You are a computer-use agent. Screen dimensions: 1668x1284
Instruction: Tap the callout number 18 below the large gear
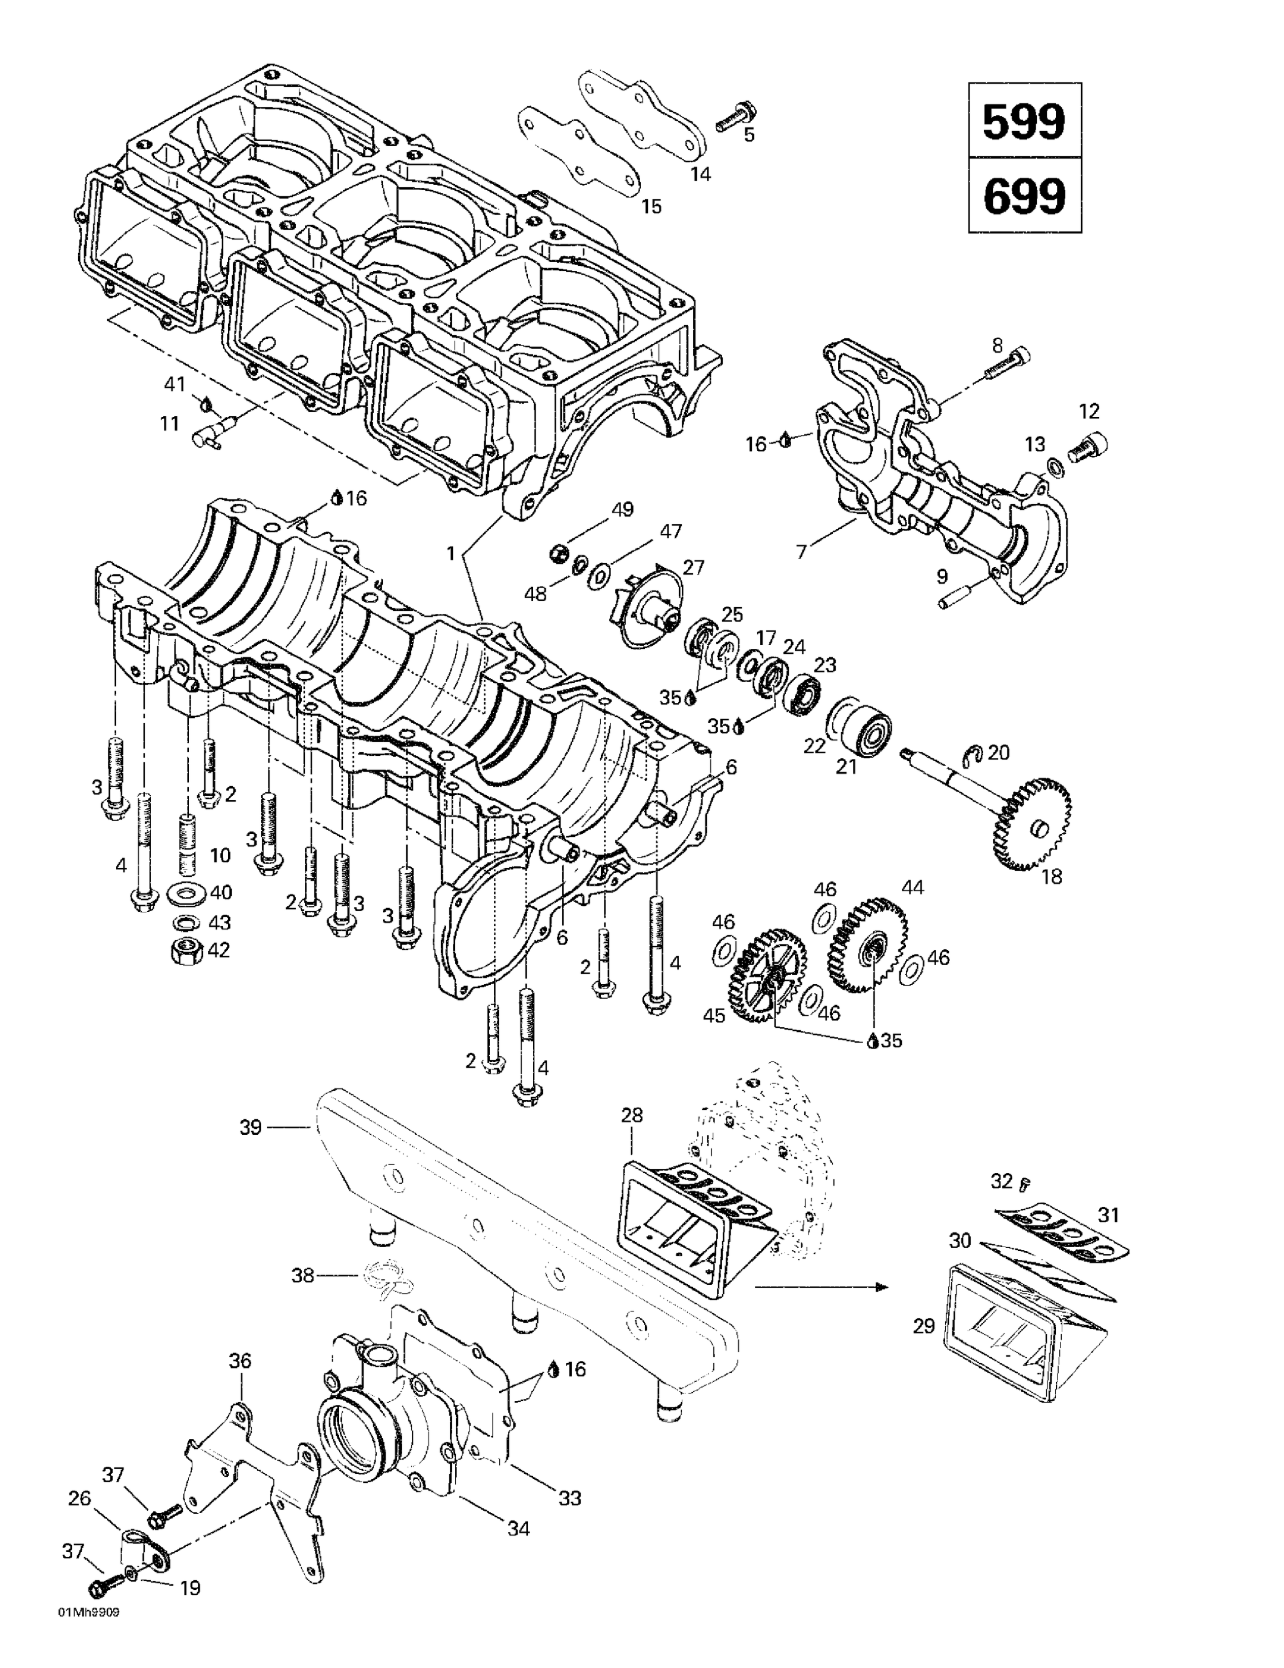[1051, 876]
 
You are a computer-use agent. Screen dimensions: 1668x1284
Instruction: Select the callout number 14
[700, 174]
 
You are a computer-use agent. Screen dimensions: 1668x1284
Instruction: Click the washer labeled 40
[183, 892]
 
